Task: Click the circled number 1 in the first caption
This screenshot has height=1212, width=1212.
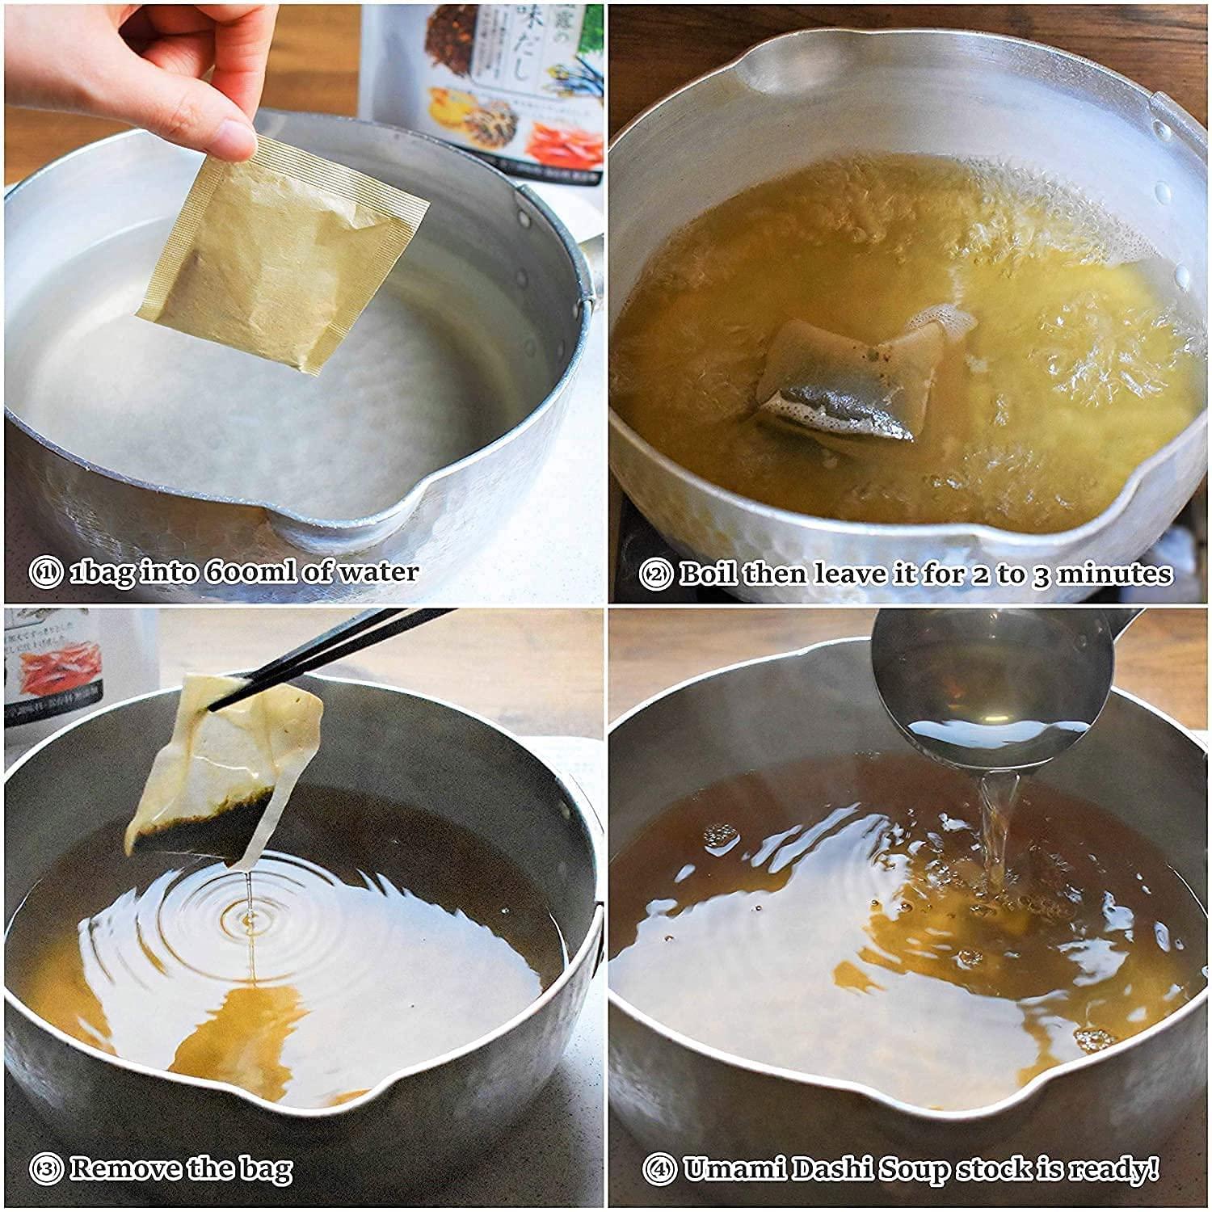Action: pyautogui.click(x=45, y=573)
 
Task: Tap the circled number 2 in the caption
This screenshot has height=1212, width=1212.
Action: pyautogui.click(x=655, y=574)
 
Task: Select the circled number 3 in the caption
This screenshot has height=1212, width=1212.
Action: pyautogui.click(x=45, y=1168)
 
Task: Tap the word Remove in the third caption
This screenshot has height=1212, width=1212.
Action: pyautogui.click(x=125, y=1168)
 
